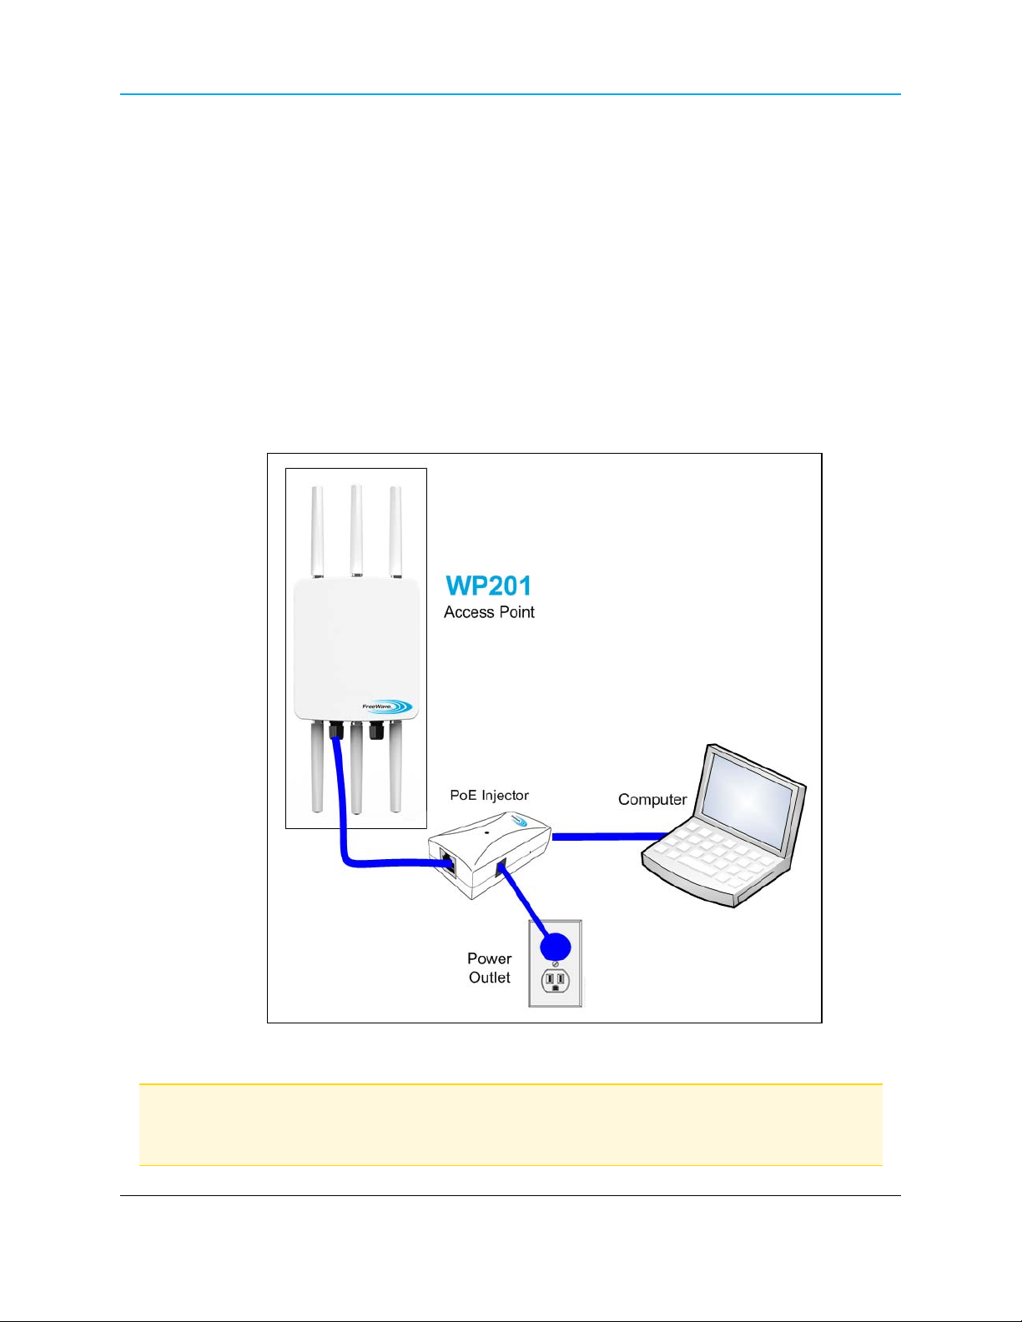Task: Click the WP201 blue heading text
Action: [x=488, y=586]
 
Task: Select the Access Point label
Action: [x=489, y=612]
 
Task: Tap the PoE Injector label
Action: [x=489, y=795]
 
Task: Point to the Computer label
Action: [x=652, y=799]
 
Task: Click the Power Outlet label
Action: [x=490, y=968]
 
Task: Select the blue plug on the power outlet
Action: [x=555, y=947]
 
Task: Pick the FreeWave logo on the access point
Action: [x=387, y=706]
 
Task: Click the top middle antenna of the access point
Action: [x=356, y=529]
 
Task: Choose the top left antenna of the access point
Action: [x=317, y=530]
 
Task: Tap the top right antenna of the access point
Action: [x=395, y=530]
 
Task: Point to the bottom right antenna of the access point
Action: [x=395, y=767]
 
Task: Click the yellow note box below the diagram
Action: [x=511, y=1124]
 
